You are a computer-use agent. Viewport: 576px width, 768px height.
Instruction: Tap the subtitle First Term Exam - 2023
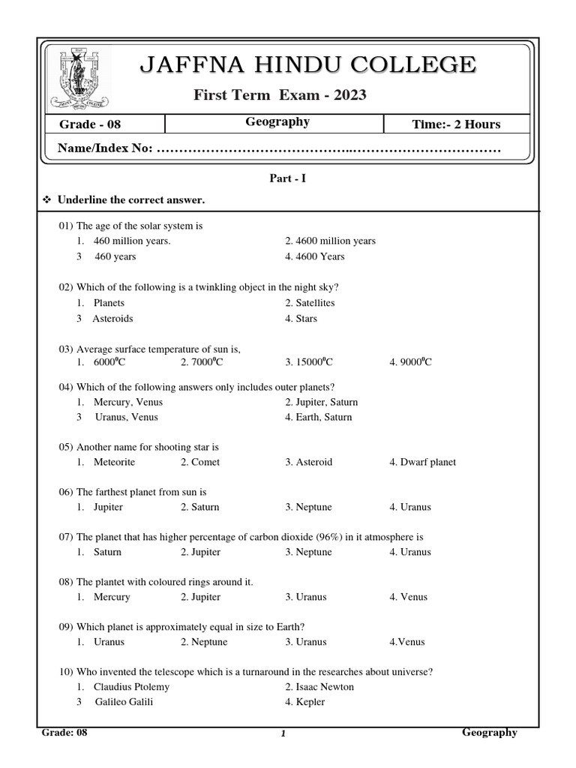pos(280,94)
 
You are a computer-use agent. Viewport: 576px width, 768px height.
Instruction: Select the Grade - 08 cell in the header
pos(85,124)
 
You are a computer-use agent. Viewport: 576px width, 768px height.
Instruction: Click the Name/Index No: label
pos(105,149)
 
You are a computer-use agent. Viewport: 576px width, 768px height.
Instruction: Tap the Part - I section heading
pos(288,178)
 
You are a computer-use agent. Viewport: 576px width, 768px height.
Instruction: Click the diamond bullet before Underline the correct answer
pos(47,200)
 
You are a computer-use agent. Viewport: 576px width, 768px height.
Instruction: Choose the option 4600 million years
pos(330,241)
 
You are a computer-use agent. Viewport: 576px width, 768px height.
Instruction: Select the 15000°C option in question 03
pos(308,362)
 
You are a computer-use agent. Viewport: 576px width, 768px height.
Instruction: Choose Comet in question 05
pos(200,462)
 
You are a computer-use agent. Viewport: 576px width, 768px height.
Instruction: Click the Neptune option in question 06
pos(308,507)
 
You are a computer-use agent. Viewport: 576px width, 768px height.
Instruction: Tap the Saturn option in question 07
pos(107,552)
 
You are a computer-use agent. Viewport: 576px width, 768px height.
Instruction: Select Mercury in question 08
pos(112,597)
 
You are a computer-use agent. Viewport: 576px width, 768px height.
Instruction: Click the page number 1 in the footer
pos(283,735)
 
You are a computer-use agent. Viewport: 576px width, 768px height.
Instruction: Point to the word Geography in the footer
pos(489,733)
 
